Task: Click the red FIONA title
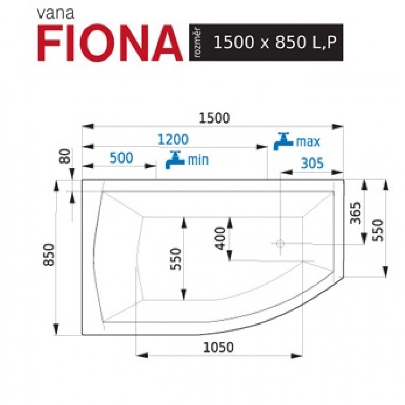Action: tap(110, 43)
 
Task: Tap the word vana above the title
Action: tap(56, 14)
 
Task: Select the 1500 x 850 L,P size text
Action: tap(275, 42)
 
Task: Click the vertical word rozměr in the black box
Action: tap(199, 43)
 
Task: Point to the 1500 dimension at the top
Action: tap(214, 118)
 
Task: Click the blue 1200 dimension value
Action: tap(173, 140)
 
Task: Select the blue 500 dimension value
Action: tap(121, 158)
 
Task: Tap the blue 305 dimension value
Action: tap(312, 164)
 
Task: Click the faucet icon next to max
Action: tap(283, 141)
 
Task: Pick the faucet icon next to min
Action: tap(175, 160)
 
